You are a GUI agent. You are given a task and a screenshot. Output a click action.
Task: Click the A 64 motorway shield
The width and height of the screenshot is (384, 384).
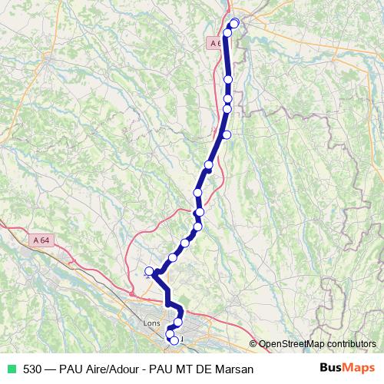[41, 240]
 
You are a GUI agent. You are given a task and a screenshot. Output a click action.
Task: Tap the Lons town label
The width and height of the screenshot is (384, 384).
[151, 323]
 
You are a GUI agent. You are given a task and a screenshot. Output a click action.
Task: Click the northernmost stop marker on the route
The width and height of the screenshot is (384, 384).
[234, 23]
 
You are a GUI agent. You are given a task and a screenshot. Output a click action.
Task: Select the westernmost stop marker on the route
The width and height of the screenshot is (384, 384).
[150, 270]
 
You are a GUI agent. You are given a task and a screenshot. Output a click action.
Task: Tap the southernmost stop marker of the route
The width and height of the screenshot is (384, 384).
[174, 340]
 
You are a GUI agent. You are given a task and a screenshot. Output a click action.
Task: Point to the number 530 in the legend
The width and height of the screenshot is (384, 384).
[32, 369]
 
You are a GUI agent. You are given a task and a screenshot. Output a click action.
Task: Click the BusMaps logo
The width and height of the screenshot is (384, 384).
[347, 369]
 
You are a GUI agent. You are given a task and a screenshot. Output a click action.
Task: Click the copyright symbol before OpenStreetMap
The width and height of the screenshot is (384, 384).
[253, 344]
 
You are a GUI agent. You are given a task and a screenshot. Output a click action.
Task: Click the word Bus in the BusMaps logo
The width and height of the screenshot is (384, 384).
[332, 369]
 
